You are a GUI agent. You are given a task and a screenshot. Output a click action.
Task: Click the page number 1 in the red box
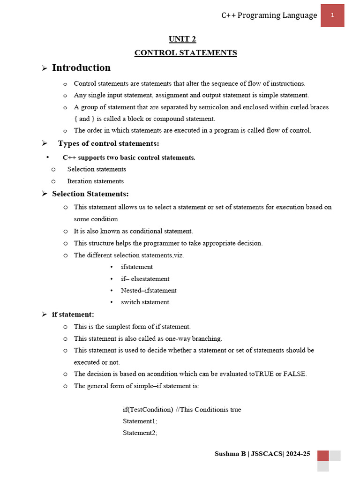pos(332,15)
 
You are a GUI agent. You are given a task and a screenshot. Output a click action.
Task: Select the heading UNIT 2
pos(186,39)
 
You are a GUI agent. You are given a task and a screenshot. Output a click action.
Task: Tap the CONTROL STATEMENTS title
pos(186,52)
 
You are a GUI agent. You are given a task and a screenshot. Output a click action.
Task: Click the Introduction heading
pos(81,68)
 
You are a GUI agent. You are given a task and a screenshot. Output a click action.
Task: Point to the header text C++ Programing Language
pos(269,15)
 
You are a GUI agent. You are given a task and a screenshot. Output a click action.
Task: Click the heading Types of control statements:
pos(108,143)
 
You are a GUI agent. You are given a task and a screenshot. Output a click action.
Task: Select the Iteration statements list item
pos(95,181)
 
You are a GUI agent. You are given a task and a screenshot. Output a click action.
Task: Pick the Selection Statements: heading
pos(90,194)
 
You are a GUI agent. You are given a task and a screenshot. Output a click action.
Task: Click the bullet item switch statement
pos(145,302)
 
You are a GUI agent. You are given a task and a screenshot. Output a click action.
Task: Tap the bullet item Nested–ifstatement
pos(149,290)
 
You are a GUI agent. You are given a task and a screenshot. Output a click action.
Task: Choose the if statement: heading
pos(73,314)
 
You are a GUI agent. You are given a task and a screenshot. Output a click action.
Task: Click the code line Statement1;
pos(140,421)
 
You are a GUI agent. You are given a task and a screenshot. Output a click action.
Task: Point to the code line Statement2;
pos(140,433)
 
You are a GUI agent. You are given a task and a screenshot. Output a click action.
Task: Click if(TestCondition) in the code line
pos(148,409)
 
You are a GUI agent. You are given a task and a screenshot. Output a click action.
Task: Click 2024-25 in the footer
pos(298,454)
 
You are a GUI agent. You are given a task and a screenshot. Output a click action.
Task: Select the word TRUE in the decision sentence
pos(264,374)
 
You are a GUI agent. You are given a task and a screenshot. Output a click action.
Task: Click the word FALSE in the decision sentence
pos(295,374)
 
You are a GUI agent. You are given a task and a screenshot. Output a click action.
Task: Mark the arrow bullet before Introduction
pos(45,68)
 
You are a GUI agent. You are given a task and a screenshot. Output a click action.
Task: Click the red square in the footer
pos(323,456)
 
